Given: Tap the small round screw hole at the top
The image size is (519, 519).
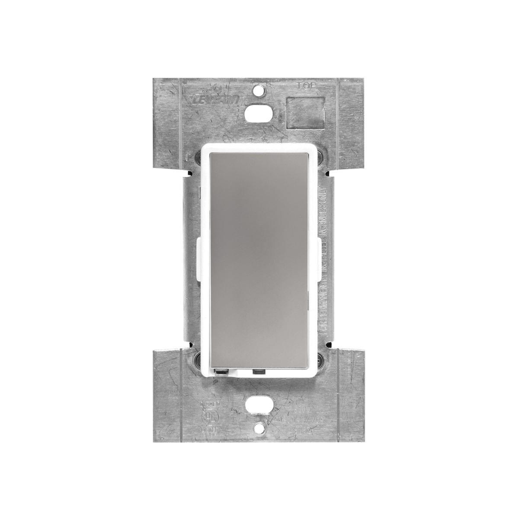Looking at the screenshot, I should [x=259, y=92].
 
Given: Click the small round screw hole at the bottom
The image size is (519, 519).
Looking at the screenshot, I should [x=259, y=427].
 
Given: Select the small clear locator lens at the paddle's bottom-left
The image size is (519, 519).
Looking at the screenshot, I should [x=221, y=371].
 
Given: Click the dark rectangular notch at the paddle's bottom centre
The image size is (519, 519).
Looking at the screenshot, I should [x=259, y=371].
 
